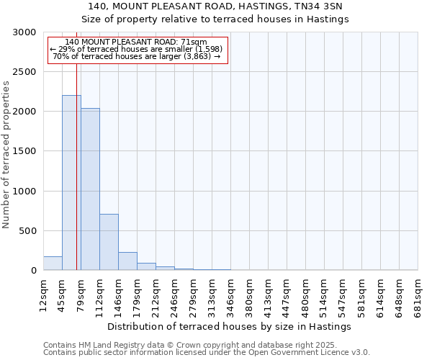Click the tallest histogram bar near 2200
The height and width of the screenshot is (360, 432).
coord(71,183)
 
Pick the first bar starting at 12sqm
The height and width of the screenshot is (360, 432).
coord(53,264)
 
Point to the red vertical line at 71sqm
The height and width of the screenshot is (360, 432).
coord(76,180)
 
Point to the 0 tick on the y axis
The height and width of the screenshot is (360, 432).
coord(33,271)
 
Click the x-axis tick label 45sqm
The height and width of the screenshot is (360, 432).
coord(63,292)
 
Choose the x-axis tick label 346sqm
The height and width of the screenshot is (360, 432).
coord(231,294)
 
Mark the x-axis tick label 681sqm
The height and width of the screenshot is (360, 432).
coord(418,294)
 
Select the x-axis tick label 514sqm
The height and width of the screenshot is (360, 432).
coord(325,294)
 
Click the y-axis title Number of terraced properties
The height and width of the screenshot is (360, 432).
coord(6,154)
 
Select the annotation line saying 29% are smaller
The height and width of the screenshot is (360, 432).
coord(138,48)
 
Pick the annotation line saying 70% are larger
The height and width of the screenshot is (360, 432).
coord(137,55)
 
